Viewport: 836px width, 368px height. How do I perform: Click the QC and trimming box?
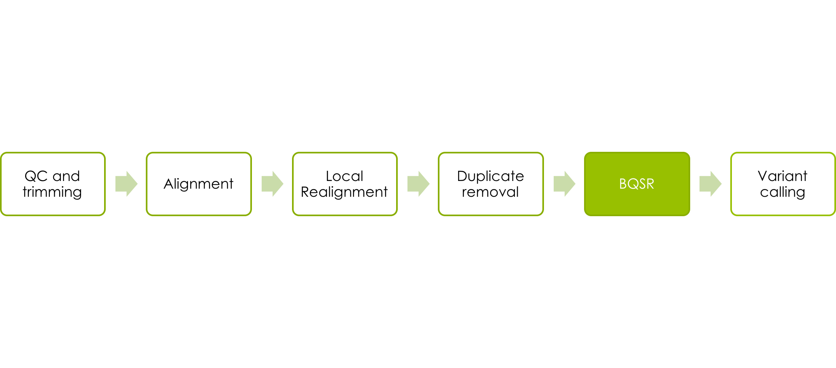[x=53, y=184]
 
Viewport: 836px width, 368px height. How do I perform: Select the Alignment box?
[x=199, y=184]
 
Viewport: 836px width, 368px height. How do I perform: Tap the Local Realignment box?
[x=345, y=184]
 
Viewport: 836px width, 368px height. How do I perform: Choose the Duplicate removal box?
[x=491, y=184]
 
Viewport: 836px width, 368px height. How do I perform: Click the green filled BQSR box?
[x=637, y=184]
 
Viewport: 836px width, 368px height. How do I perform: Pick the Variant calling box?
[x=783, y=184]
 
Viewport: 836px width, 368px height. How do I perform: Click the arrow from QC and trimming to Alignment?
[x=126, y=184]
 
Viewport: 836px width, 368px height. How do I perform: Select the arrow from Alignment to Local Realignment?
[x=272, y=184]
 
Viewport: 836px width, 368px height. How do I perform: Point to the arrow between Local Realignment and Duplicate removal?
[x=418, y=184]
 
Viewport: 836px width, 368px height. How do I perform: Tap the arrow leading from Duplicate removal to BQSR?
[x=564, y=184]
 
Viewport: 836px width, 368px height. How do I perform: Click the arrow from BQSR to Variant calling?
[x=710, y=184]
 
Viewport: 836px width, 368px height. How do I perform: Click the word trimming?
[x=52, y=192]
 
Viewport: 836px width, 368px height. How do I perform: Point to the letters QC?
[x=36, y=176]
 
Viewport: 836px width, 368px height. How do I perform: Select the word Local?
[x=344, y=176]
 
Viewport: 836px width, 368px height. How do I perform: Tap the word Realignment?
[x=344, y=192]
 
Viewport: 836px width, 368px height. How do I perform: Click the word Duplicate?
[x=491, y=177]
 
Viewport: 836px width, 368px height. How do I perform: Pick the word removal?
[x=490, y=192]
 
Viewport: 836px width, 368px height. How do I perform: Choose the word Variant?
[x=783, y=176]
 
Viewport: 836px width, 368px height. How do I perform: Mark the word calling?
[x=783, y=192]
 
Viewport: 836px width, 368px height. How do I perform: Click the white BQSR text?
[x=637, y=184]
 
